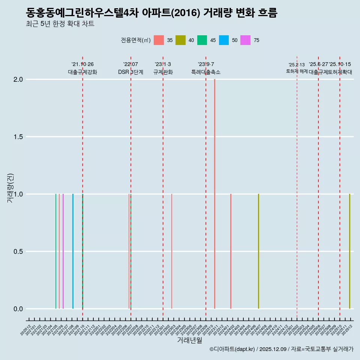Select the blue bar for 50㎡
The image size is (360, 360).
73,251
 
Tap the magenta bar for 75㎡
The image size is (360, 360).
63,251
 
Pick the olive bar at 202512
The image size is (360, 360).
349,251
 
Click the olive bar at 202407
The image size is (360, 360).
258,251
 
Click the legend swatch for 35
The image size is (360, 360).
159,40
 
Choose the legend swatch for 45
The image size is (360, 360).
202,40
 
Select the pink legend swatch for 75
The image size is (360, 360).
246,40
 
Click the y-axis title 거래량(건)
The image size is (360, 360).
10,187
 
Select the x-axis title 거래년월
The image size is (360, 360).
189,340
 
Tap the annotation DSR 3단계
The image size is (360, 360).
130,72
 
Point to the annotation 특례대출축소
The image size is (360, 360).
206,72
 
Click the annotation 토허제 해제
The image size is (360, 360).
297,71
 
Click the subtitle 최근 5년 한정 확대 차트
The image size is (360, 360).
60,24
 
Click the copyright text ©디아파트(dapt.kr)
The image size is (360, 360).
232,349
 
